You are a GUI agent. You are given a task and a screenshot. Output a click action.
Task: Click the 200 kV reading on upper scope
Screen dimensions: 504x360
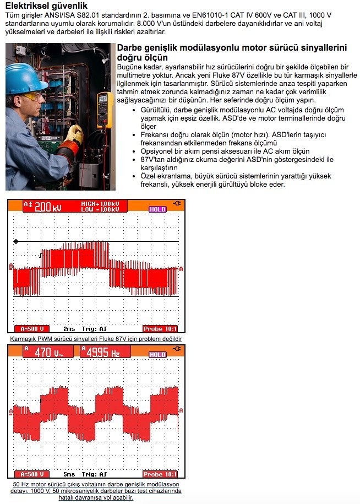click(48, 207)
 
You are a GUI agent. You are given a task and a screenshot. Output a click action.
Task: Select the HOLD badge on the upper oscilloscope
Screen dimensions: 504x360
click(157, 209)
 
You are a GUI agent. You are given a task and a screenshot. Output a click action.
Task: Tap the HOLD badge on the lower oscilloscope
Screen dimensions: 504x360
click(157, 355)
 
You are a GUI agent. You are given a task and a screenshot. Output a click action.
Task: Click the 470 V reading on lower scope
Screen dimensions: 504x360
click(50, 352)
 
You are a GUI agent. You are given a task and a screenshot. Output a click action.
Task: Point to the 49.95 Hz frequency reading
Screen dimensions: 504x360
click(105, 352)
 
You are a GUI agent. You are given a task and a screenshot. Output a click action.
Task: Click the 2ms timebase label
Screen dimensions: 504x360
click(69, 329)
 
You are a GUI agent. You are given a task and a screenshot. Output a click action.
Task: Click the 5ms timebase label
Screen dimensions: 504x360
click(69, 474)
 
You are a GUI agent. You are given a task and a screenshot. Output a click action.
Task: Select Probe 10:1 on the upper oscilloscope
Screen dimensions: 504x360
click(160, 329)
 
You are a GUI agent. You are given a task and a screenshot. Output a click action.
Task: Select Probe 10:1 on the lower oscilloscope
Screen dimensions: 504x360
click(160, 474)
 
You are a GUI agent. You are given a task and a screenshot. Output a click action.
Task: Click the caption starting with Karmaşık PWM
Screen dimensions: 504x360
click(96, 339)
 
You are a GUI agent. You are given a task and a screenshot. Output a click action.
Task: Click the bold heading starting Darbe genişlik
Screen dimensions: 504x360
click(233, 52)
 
